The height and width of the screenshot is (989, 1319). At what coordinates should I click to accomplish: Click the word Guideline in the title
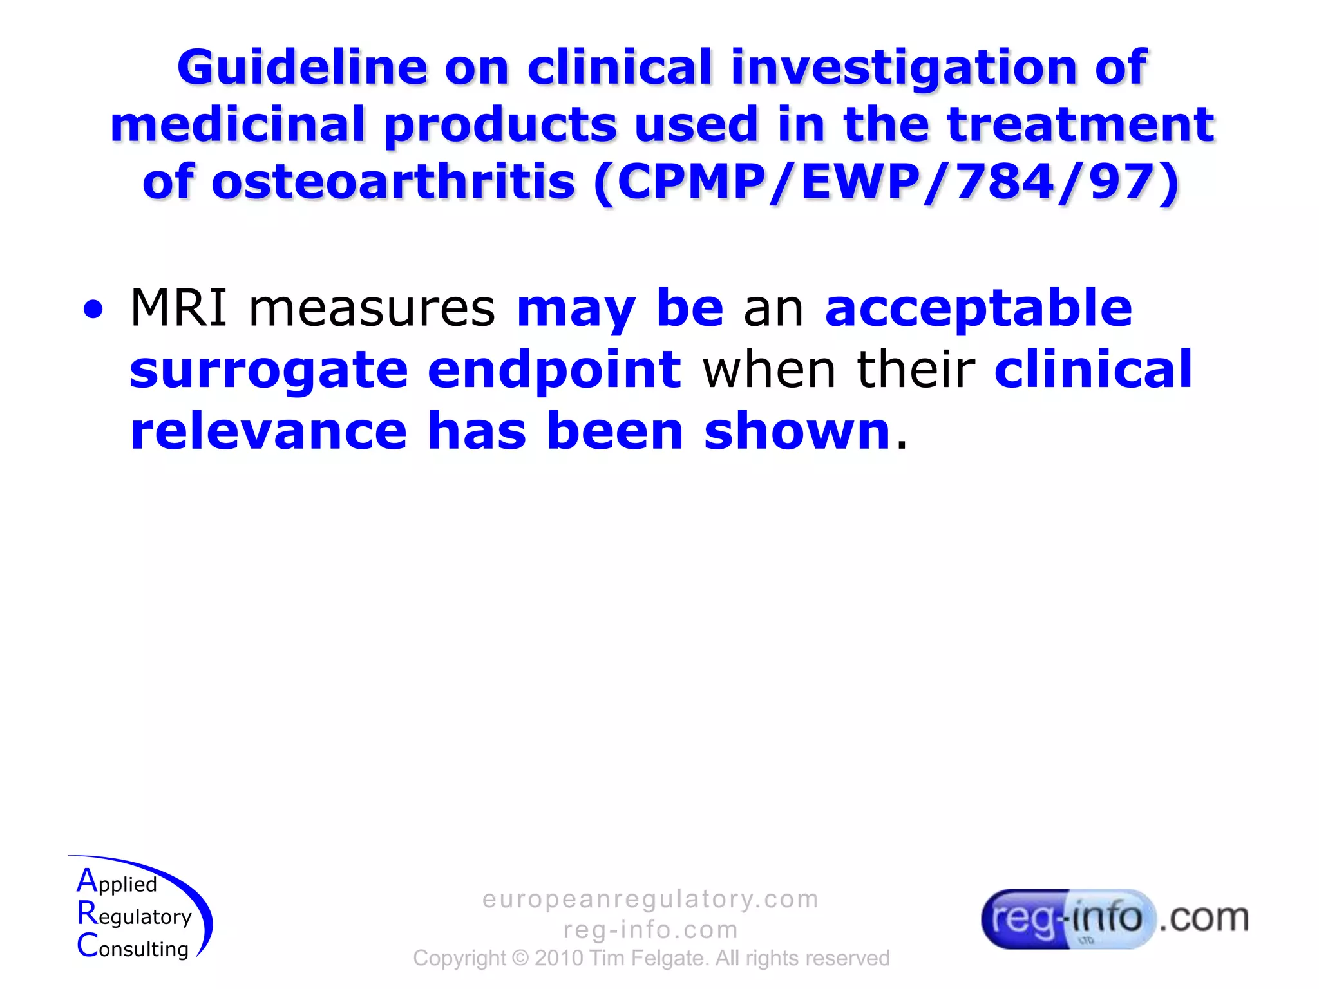click(x=302, y=68)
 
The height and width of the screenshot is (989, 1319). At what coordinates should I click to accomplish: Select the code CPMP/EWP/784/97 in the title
click(x=886, y=182)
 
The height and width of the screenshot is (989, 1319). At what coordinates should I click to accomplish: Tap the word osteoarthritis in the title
click(x=393, y=182)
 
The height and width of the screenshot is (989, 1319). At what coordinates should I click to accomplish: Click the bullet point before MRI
click(x=93, y=310)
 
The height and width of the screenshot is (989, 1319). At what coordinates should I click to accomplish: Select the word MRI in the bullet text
click(x=178, y=308)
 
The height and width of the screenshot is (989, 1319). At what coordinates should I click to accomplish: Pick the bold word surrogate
click(x=269, y=370)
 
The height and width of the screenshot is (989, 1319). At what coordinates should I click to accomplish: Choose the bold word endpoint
click(x=554, y=370)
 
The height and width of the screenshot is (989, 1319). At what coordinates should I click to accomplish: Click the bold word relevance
click(x=269, y=431)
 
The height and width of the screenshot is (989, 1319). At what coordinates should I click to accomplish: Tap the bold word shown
click(x=797, y=431)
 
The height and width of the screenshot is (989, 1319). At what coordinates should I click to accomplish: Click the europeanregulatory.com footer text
click(x=650, y=899)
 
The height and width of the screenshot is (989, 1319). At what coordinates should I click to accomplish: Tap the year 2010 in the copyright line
click(x=558, y=958)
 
